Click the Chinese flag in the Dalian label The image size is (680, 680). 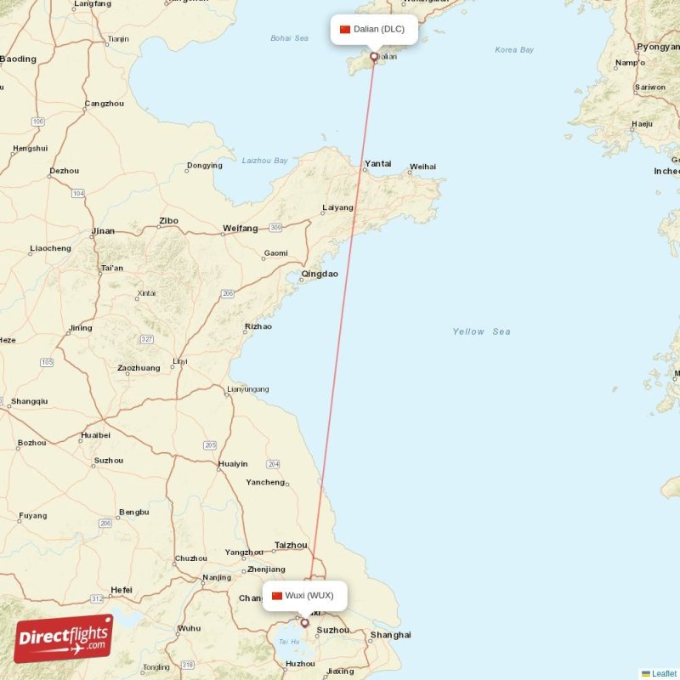pyautogui.click(x=345, y=30)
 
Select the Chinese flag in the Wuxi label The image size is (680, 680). pyautogui.click(x=277, y=595)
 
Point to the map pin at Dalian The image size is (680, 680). pyautogui.click(x=373, y=58)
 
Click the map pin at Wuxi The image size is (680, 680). pyautogui.click(x=304, y=623)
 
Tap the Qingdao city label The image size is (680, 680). pyautogui.click(x=319, y=274)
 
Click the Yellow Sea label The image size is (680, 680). pyautogui.click(x=481, y=331)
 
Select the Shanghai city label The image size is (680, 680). pyautogui.click(x=391, y=635)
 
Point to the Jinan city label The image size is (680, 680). pyautogui.click(x=103, y=231)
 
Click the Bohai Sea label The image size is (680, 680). pyautogui.click(x=289, y=38)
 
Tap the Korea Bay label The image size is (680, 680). pyautogui.click(x=514, y=50)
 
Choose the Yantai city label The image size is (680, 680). pyautogui.click(x=377, y=163)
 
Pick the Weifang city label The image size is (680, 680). pyautogui.click(x=240, y=228)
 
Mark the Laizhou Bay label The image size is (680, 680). pyautogui.click(x=265, y=160)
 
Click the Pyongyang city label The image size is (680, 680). pyautogui.click(x=659, y=47)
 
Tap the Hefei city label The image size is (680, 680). pyautogui.click(x=122, y=590)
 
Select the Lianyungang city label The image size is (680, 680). pyautogui.click(x=247, y=389)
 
